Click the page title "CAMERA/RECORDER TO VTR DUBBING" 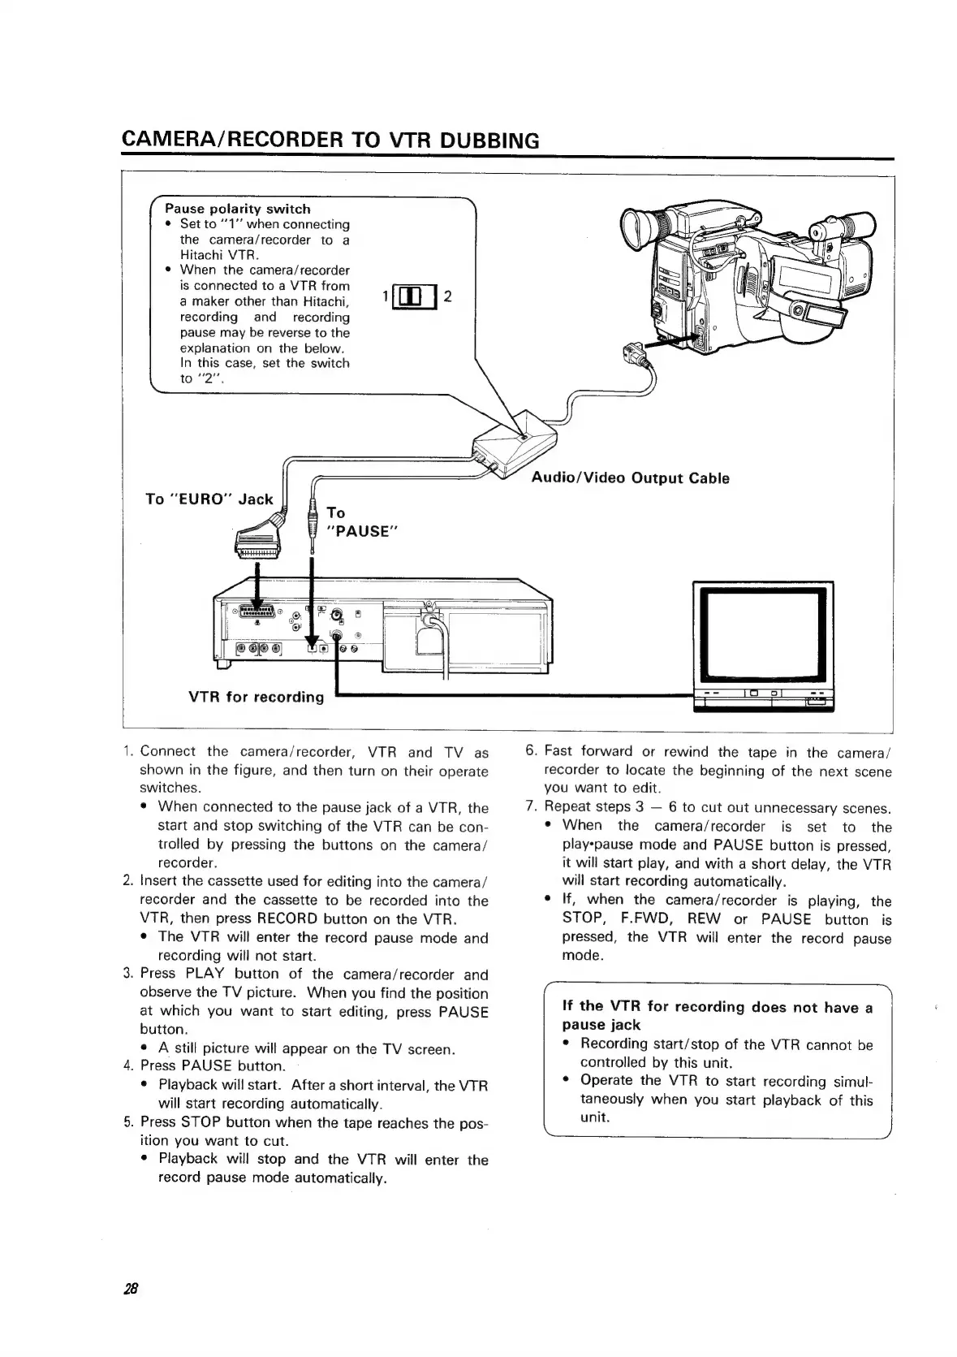[330, 140]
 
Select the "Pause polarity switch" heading [237, 209]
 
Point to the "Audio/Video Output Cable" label [630, 478]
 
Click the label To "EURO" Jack [209, 499]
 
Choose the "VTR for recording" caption [256, 697]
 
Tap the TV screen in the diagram [762, 634]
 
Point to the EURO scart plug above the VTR [257, 541]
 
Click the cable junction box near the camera [517, 445]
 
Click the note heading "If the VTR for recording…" [717, 1016]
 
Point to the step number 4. [127, 1065]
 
